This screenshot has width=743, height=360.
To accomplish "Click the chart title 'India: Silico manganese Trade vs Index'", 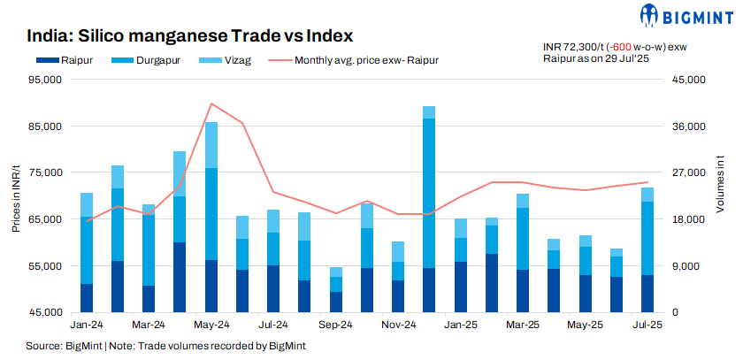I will click(x=190, y=36).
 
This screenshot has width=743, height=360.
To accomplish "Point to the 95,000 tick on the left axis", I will click(x=44, y=80).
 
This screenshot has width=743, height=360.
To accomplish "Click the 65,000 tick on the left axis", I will click(x=44, y=219).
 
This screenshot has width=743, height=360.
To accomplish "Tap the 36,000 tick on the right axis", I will click(x=679, y=126).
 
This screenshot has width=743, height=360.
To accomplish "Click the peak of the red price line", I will click(x=211, y=103).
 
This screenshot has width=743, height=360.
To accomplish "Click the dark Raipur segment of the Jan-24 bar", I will click(x=86, y=298).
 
